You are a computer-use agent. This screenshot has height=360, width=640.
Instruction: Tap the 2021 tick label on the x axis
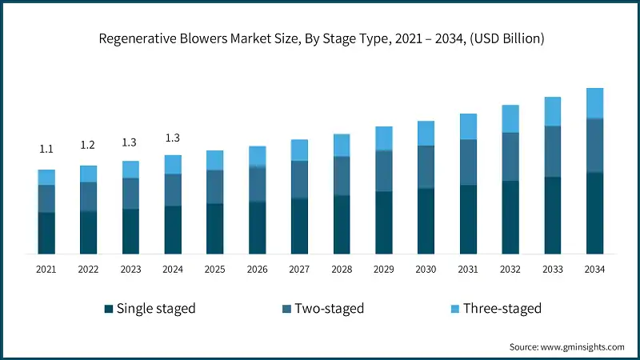[x=46, y=270]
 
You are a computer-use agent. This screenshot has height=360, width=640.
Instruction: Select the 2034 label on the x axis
[x=594, y=270]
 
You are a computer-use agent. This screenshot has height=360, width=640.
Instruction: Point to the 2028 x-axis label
[x=342, y=270]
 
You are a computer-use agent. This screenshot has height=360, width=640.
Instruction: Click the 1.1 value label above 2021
[x=46, y=150]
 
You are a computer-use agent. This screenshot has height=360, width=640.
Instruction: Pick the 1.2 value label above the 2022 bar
[x=88, y=145]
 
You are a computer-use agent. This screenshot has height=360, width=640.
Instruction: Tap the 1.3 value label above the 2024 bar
[x=173, y=138]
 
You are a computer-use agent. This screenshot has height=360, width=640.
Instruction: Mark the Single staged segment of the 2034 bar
[x=594, y=213]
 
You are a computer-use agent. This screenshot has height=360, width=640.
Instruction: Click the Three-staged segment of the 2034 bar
[x=594, y=103]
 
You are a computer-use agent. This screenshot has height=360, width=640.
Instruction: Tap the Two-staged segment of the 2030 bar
[x=426, y=167]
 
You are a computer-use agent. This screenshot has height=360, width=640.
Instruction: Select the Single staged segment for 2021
[x=46, y=233]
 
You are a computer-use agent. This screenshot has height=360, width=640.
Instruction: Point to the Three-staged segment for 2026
[x=257, y=156]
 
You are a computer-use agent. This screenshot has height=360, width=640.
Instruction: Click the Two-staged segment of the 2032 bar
[x=510, y=157]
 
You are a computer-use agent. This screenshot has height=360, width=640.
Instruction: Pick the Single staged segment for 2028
[x=342, y=225]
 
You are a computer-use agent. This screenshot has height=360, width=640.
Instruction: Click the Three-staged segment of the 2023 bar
[x=130, y=170]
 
